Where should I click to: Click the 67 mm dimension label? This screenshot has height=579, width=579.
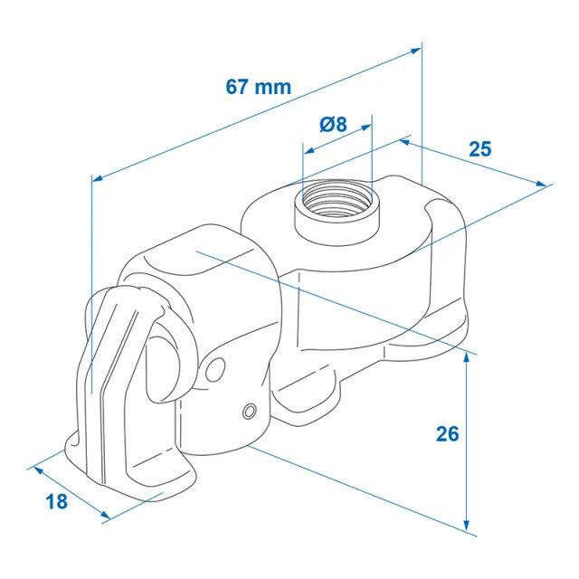(258, 87)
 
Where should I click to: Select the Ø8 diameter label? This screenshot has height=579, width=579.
(333, 124)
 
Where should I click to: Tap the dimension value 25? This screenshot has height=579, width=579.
(480, 149)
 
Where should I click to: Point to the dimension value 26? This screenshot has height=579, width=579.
(447, 434)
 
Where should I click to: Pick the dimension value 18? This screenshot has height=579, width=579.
(56, 501)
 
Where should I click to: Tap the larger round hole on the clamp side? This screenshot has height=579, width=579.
(215, 370)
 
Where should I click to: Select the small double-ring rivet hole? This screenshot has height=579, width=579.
(250, 411)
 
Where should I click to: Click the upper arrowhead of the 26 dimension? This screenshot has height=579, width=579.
(467, 358)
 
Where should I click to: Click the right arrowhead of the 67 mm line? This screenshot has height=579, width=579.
(416, 51)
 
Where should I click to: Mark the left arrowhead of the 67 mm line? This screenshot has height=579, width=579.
(97, 178)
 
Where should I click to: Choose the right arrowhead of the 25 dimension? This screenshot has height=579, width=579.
(541, 184)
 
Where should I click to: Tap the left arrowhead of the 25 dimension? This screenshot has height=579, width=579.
(405, 141)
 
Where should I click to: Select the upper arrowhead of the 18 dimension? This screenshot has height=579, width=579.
(39, 470)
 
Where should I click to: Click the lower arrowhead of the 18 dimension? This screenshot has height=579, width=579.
(105, 515)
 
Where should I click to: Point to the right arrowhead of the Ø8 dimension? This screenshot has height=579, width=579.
(366, 128)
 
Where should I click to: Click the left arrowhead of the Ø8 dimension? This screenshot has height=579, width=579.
(308, 150)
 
